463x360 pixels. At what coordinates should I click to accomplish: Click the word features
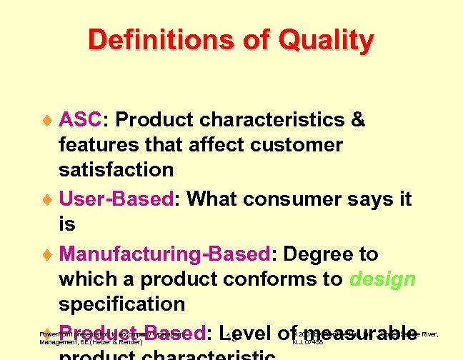[x=95, y=144]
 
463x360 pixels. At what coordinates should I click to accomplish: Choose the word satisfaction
[x=116, y=169]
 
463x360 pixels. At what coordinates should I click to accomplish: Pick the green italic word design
[x=382, y=279]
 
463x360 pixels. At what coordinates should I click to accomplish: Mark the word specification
[x=122, y=304]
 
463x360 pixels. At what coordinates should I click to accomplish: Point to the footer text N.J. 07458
[x=308, y=342]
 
